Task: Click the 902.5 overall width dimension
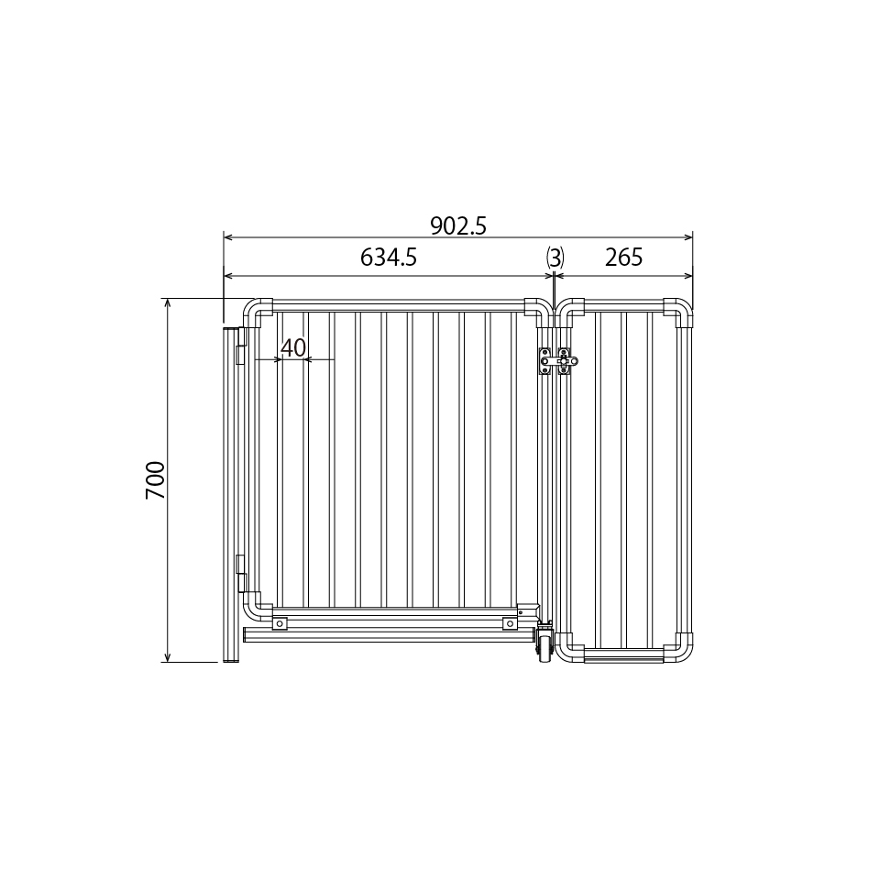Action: click(x=457, y=225)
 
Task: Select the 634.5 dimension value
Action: click(x=389, y=258)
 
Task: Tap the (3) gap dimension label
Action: click(x=554, y=258)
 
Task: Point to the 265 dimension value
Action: click(x=624, y=258)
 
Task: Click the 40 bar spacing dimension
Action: click(x=293, y=348)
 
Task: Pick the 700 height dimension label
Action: click(x=156, y=480)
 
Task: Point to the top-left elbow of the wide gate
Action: click(x=258, y=312)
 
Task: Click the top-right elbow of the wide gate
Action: click(x=539, y=312)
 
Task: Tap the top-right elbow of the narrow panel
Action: click(x=680, y=312)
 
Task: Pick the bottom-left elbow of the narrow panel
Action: click(x=570, y=649)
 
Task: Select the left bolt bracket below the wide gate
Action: click(x=279, y=623)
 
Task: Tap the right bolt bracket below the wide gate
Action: click(x=510, y=623)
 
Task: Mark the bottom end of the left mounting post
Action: click(x=230, y=657)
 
